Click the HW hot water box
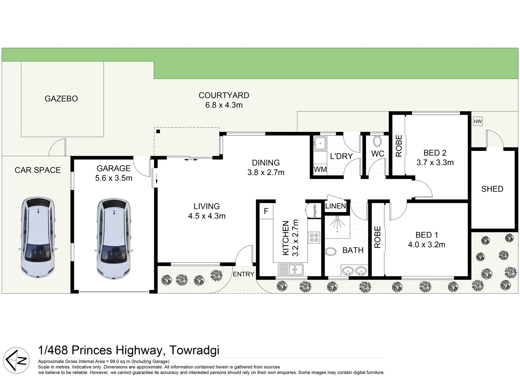[478, 121]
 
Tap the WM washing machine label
[320, 169]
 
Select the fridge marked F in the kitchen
[266, 211]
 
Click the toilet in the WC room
[377, 141]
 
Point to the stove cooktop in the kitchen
[314, 238]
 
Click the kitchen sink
[291, 270]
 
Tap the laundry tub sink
[320, 143]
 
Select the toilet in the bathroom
[331, 251]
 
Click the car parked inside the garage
[114, 238]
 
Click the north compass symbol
[16, 360]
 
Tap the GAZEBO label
[61, 99]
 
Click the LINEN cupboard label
[336, 206]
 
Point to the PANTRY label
[315, 211]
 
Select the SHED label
[492, 189]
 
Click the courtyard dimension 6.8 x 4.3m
[224, 105]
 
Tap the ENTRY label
[243, 274]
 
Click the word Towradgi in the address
[194, 351]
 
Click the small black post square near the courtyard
[158, 131]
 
